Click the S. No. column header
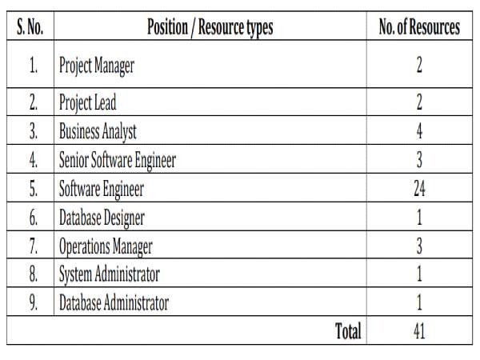coord(30,28)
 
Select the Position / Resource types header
coord(210,28)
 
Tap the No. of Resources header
coord(419,28)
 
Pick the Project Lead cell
coord(88,103)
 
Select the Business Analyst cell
coord(98,131)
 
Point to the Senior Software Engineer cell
coord(118,160)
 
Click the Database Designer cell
coord(102,218)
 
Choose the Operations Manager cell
coord(106,246)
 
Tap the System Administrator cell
coord(110,275)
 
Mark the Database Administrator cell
coord(114,304)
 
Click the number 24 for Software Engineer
coord(419,189)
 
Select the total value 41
coord(419,331)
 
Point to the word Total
coord(348,331)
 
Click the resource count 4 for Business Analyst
coord(419,131)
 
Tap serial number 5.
coord(33,189)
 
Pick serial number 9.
coord(33,304)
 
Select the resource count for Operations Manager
coord(419,246)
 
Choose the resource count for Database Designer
coord(419,218)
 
